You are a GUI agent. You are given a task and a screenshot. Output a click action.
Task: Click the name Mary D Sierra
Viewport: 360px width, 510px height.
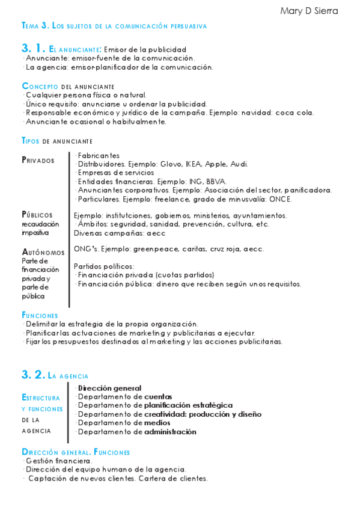coord(309,11)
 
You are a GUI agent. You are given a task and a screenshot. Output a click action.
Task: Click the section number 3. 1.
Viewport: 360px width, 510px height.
coord(34,49)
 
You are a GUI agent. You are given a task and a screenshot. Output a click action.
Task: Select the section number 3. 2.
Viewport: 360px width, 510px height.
coord(34,375)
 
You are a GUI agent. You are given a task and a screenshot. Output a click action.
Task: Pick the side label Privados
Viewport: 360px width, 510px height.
coord(38,160)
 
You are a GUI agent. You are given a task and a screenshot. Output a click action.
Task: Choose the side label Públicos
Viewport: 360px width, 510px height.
coord(37,215)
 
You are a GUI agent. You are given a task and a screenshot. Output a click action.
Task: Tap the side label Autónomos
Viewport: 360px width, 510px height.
coord(43,252)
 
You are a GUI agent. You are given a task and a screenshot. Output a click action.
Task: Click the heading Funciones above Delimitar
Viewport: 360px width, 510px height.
coord(40,315)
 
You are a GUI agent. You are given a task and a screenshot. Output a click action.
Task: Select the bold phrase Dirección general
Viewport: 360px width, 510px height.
coord(109,389)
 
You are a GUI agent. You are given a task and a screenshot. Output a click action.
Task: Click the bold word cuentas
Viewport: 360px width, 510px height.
coord(158,397)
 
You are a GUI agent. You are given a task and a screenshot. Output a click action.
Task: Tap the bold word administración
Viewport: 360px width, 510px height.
coord(170,431)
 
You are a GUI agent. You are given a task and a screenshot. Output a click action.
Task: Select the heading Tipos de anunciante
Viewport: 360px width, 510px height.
coord(56,141)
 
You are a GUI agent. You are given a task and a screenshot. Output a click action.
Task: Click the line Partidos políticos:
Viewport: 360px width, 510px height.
coord(103,266)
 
